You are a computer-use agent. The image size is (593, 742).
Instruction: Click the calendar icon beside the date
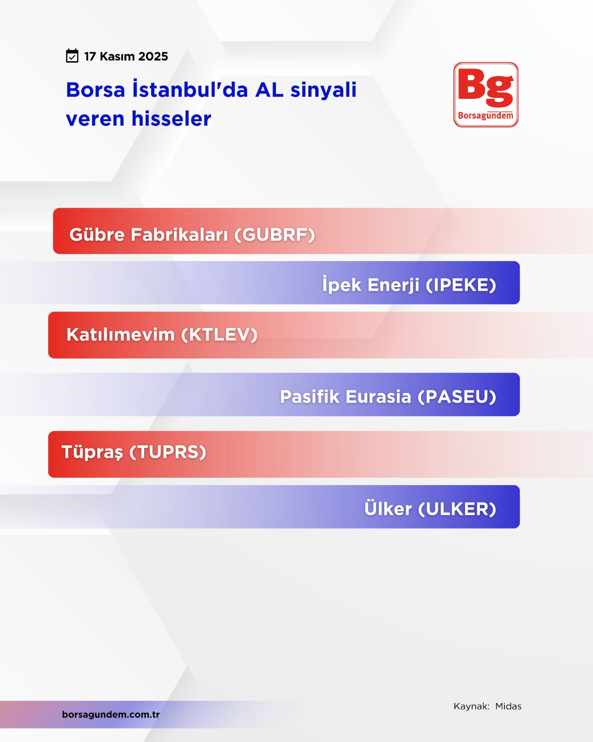[x=72, y=56]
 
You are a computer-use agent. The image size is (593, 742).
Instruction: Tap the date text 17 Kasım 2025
[x=126, y=57]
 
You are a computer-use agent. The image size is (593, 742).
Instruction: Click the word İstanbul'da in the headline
[x=190, y=90]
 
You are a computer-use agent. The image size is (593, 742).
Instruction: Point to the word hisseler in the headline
[x=172, y=119]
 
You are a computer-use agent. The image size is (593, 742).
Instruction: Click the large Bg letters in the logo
[x=485, y=87]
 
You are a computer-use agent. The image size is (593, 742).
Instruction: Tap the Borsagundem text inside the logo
[x=485, y=115]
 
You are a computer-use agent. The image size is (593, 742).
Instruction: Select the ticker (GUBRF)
[x=274, y=235]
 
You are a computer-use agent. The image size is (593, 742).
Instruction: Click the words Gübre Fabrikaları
[x=148, y=235]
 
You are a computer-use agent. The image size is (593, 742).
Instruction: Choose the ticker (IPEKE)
[x=461, y=285]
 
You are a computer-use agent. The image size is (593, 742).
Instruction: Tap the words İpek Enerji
[x=371, y=284]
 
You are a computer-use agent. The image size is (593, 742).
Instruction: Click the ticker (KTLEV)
[x=219, y=335]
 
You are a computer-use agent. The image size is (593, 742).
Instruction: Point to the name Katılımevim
[x=121, y=334]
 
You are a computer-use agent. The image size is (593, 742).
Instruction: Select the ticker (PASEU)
[x=457, y=397]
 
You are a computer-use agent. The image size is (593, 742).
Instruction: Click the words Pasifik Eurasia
[x=345, y=397]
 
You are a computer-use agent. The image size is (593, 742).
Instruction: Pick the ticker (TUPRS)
[x=168, y=452]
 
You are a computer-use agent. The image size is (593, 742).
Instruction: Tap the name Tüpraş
[x=92, y=452]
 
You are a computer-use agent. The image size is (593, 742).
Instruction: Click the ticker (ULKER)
[x=457, y=509]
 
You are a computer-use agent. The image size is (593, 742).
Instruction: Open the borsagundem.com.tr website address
[x=111, y=715]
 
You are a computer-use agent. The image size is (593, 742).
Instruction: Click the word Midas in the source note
[x=508, y=706]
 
